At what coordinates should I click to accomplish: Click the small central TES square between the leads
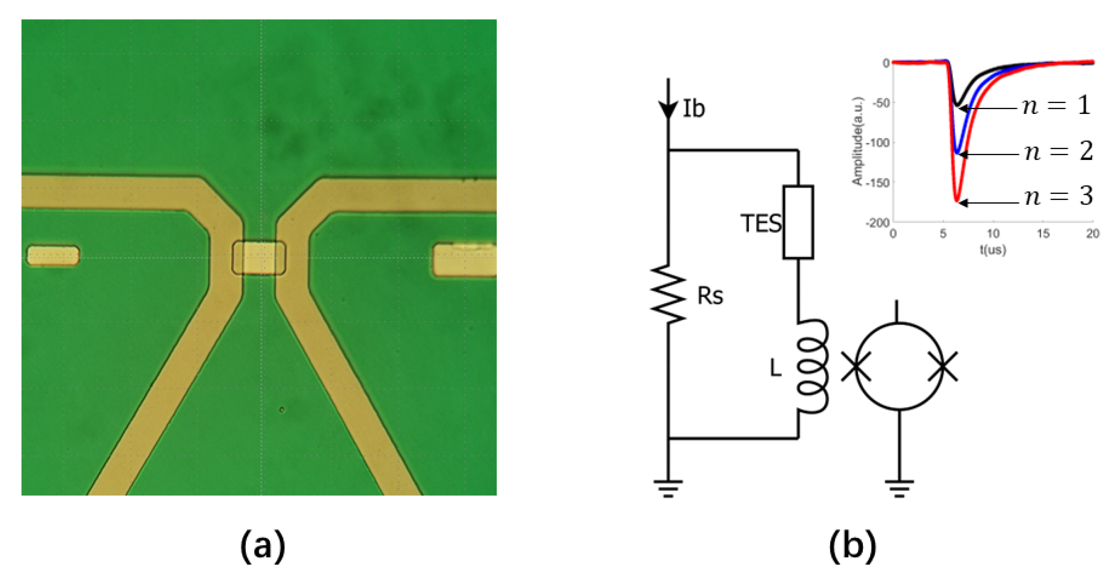click(x=259, y=258)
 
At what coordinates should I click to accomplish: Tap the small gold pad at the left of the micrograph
click(x=53, y=255)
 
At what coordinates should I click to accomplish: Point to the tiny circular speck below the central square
click(x=282, y=410)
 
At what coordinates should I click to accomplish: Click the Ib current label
click(x=693, y=109)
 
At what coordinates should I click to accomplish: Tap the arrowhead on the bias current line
click(x=668, y=110)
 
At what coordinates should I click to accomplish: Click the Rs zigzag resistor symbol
click(x=668, y=294)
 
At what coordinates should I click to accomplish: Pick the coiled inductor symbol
click(x=811, y=366)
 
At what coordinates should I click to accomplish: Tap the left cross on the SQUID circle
click(x=856, y=366)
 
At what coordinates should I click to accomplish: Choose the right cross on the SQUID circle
click(x=943, y=366)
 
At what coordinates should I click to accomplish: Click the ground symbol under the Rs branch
click(x=668, y=488)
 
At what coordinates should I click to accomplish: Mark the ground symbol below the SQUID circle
click(x=899, y=488)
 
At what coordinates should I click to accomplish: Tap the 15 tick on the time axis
click(x=1043, y=234)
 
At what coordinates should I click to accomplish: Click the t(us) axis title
click(x=992, y=250)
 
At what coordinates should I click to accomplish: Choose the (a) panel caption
click(x=262, y=546)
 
